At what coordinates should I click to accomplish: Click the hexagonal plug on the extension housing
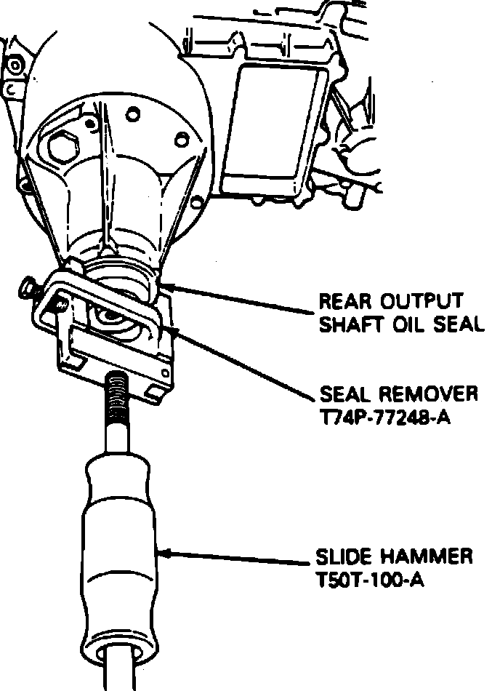[x=62, y=149]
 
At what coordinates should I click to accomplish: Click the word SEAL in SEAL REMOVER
[x=344, y=395]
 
